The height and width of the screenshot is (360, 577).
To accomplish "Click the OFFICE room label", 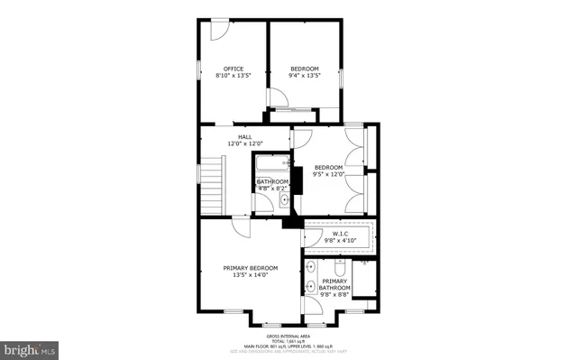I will pyautogui.click(x=234, y=69).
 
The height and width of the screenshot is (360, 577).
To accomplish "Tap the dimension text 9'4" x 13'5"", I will pyautogui.click(x=305, y=77).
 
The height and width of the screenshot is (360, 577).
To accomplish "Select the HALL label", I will pyautogui.click(x=244, y=136).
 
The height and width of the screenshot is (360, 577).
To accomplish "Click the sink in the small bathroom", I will pyautogui.click(x=284, y=200).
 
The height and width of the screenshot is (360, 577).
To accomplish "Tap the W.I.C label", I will pyautogui.click(x=340, y=234).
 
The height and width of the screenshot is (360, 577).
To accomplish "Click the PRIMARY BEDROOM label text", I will pyautogui.click(x=251, y=268).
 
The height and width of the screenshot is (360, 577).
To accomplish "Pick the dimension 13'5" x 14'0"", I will pyautogui.click(x=251, y=276).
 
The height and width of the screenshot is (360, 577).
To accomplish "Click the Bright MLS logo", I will pyautogui.click(x=30, y=346).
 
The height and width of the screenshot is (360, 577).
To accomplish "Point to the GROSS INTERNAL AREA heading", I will pyautogui.click(x=288, y=334).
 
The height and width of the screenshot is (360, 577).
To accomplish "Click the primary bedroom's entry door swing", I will pyautogui.click(x=241, y=227).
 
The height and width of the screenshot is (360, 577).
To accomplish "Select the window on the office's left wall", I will pyautogui.click(x=199, y=71).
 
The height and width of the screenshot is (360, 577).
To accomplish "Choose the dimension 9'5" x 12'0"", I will pyautogui.click(x=328, y=175).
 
